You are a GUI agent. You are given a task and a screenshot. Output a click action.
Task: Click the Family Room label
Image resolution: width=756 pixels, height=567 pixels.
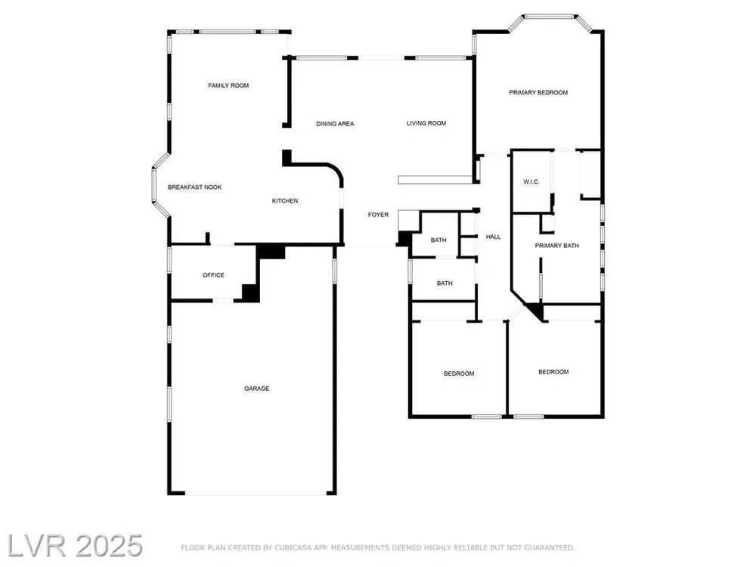(228, 85)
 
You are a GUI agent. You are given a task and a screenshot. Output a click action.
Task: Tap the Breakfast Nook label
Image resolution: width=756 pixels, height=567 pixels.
(195, 187)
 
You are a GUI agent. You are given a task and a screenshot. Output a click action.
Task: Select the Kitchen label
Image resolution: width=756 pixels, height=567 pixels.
(285, 200)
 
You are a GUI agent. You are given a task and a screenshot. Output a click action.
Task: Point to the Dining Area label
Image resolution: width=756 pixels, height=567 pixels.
(335, 123)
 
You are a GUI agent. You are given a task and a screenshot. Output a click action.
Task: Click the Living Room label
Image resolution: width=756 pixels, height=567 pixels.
(426, 123)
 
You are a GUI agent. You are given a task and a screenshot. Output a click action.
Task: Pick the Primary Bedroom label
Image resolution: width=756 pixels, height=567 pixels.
(538, 92)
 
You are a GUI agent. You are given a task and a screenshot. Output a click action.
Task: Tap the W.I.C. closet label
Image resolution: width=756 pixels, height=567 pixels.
(531, 181)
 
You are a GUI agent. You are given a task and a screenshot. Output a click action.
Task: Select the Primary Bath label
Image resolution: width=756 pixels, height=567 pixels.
(557, 246)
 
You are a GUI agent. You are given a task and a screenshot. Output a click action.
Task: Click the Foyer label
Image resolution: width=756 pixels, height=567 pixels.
(378, 215)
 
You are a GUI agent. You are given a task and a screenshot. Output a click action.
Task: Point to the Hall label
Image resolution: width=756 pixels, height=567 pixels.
(493, 237)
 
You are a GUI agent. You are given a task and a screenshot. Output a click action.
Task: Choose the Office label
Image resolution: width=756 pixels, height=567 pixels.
(214, 275)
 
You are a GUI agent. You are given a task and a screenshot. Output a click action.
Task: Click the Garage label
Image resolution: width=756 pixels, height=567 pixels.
(256, 388)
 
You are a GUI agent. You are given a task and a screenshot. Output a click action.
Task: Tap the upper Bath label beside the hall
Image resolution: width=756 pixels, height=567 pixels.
(438, 240)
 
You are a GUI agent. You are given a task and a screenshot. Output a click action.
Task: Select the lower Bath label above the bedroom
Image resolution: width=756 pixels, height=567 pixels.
(445, 283)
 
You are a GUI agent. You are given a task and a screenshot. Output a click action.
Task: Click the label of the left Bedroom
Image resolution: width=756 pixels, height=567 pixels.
(459, 373)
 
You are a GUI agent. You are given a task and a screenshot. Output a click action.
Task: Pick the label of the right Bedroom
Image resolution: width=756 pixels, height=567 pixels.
(553, 372)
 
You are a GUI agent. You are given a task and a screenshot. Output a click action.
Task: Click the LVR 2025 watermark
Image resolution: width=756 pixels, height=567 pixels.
(75, 546)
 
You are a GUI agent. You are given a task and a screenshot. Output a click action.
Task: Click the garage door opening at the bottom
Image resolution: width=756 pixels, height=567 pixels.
(256, 493)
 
